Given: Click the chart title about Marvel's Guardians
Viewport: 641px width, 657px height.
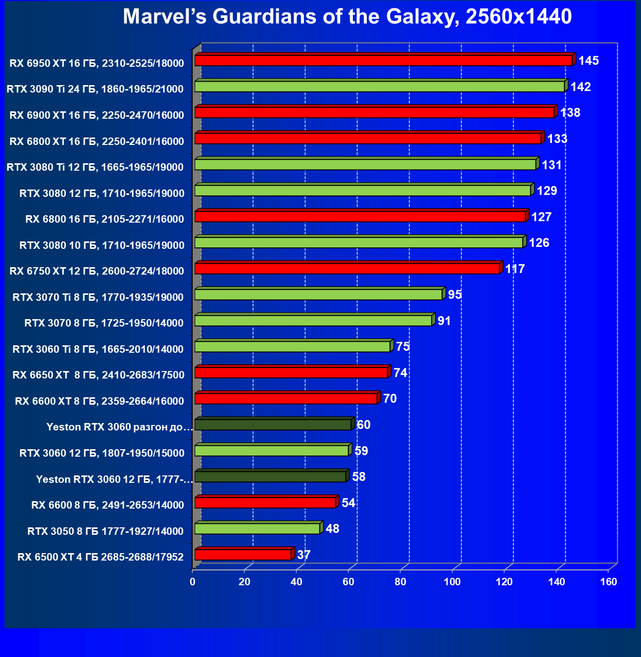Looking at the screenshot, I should [347, 17].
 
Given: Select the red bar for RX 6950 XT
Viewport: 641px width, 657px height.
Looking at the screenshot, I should [383, 60].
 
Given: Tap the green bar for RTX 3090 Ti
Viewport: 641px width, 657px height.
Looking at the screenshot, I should [379, 87].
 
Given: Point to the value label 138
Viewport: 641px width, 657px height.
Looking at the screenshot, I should [570, 113].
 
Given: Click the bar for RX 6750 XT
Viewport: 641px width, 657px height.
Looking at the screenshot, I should [347, 269].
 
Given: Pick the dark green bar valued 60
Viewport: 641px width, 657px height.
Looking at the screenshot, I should [273, 424].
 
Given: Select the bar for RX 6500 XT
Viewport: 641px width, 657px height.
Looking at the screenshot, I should [243, 555].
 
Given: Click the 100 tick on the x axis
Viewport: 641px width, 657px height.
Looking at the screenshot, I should [452, 582].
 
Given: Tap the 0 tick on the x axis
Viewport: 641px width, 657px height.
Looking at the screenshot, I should [193, 582].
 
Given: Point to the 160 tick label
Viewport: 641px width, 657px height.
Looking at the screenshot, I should [608, 582].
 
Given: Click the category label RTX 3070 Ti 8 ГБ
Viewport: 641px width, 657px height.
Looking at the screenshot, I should [98, 297].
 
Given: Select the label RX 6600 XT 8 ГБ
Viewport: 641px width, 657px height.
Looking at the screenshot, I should [99, 401].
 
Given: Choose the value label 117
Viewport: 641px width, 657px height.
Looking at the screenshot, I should [515, 269].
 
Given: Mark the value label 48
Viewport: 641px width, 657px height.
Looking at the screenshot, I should [333, 529].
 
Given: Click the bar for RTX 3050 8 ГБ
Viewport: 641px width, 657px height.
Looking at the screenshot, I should [257, 529].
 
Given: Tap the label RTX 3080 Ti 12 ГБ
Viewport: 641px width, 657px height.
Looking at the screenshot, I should [95, 167].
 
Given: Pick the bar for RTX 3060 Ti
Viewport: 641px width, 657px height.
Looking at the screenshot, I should [293, 347].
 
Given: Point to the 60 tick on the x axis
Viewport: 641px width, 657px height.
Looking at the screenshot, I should [348, 582].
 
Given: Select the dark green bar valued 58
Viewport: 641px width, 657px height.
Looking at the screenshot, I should [270, 477].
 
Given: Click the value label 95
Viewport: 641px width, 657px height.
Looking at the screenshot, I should [455, 295].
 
